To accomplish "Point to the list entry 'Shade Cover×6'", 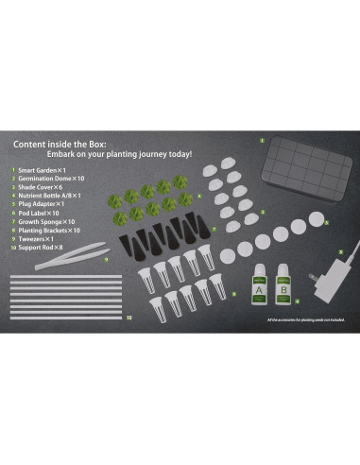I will pyautogui.click(x=41, y=186).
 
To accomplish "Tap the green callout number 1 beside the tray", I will pyautogui.click(x=262, y=140).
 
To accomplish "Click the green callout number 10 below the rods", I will pyautogui.click(x=129, y=319).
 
